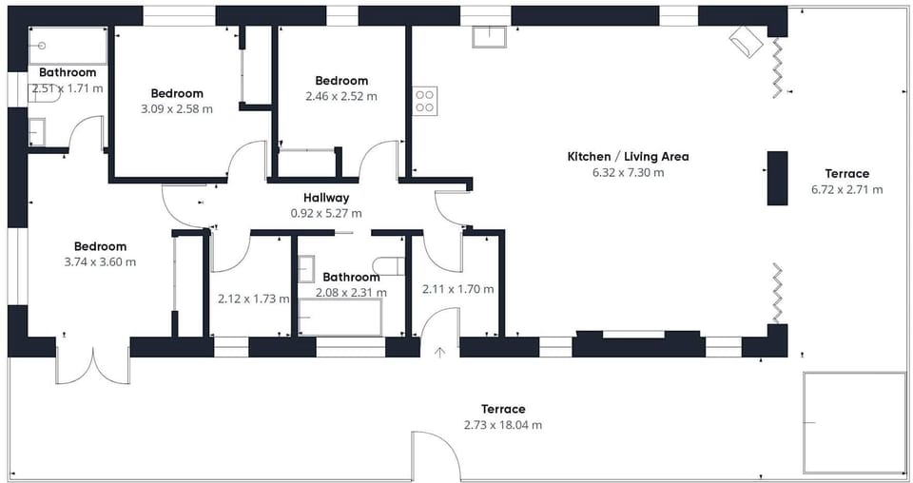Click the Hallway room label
pyautogui.click(x=326, y=198)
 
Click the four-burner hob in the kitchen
pyautogui.click(x=425, y=101)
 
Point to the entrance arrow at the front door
pyautogui.click(x=439, y=352)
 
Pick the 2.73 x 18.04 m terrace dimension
pyautogui.click(x=503, y=425)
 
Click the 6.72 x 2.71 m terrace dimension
pyautogui.click(x=846, y=190)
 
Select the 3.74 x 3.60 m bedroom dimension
pyautogui.click(x=100, y=261)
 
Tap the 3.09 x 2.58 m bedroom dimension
pyautogui.click(x=177, y=108)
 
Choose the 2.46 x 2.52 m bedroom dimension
pyautogui.click(x=341, y=96)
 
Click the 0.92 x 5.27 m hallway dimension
pyautogui.click(x=326, y=214)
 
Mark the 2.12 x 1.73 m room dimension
pyautogui.click(x=254, y=299)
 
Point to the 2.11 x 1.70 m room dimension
pyautogui.click(x=458, y=289)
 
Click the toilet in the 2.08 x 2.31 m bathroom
pyautogui.click(x=389, y=265)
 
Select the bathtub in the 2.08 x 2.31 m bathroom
pyautogui.click(x=340, y=318)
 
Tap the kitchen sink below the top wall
pyautogui.click(x=489, y=37)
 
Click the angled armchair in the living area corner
pyautogui.click(x=746, y=41)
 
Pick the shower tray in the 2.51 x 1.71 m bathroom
pyautogui.click(x=68, y=46)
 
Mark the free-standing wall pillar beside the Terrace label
pyautogui.click(x=777, y=178)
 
